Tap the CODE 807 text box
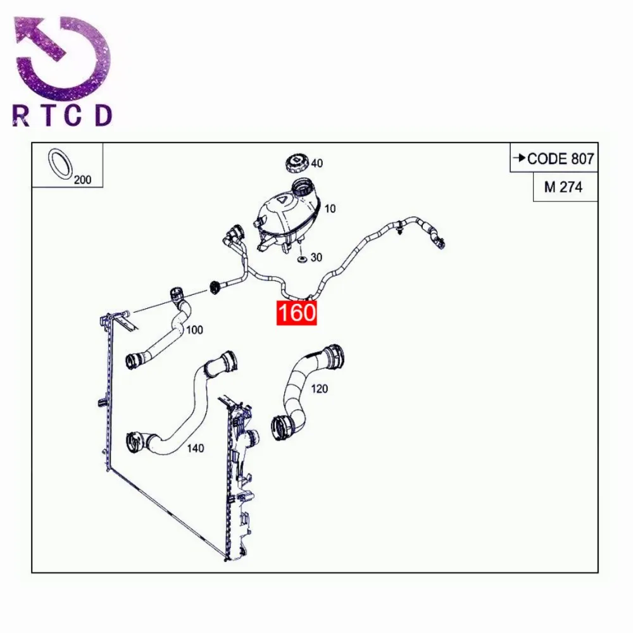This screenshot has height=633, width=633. (554, 158)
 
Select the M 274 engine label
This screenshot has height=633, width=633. (563, 187)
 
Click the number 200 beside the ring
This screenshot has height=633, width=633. (82, 180)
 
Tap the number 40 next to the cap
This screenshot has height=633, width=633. (316, 163)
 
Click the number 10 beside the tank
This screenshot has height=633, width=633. (330, 209)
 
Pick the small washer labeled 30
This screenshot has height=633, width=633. (302, 258)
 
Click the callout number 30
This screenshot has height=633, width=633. (316, 258)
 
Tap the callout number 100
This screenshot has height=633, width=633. (195, 330)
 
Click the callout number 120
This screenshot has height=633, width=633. (320, 388)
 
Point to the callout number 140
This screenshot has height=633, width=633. (196, 448)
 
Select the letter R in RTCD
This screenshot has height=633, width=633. (21, 116)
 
